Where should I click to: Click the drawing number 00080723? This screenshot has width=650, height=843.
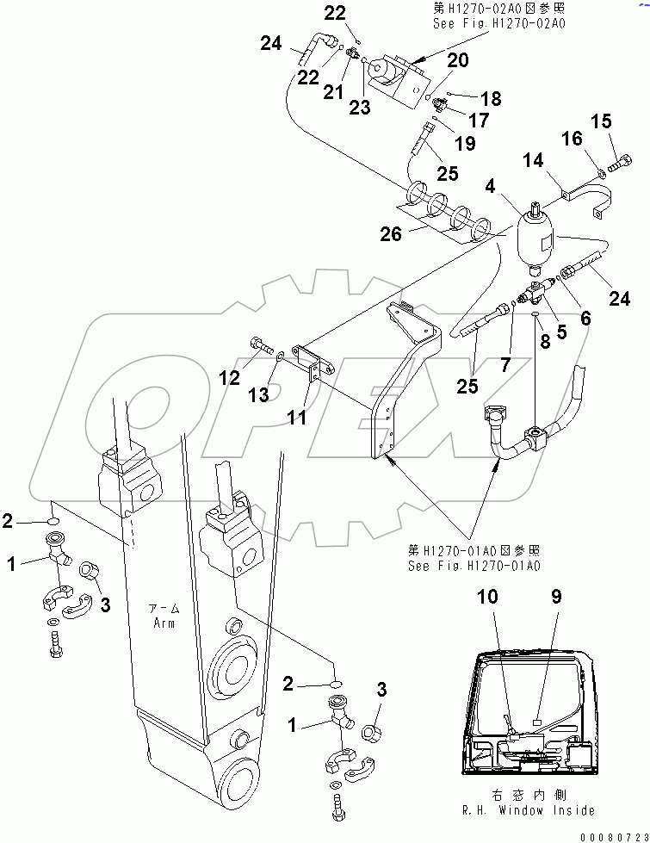tap(612, 836)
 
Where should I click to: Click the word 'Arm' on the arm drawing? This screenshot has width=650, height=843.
tap(162, 623)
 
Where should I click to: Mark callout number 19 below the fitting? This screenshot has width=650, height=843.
tap(465, 144)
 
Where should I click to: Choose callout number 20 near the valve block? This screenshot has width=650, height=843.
tap(457, 59)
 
